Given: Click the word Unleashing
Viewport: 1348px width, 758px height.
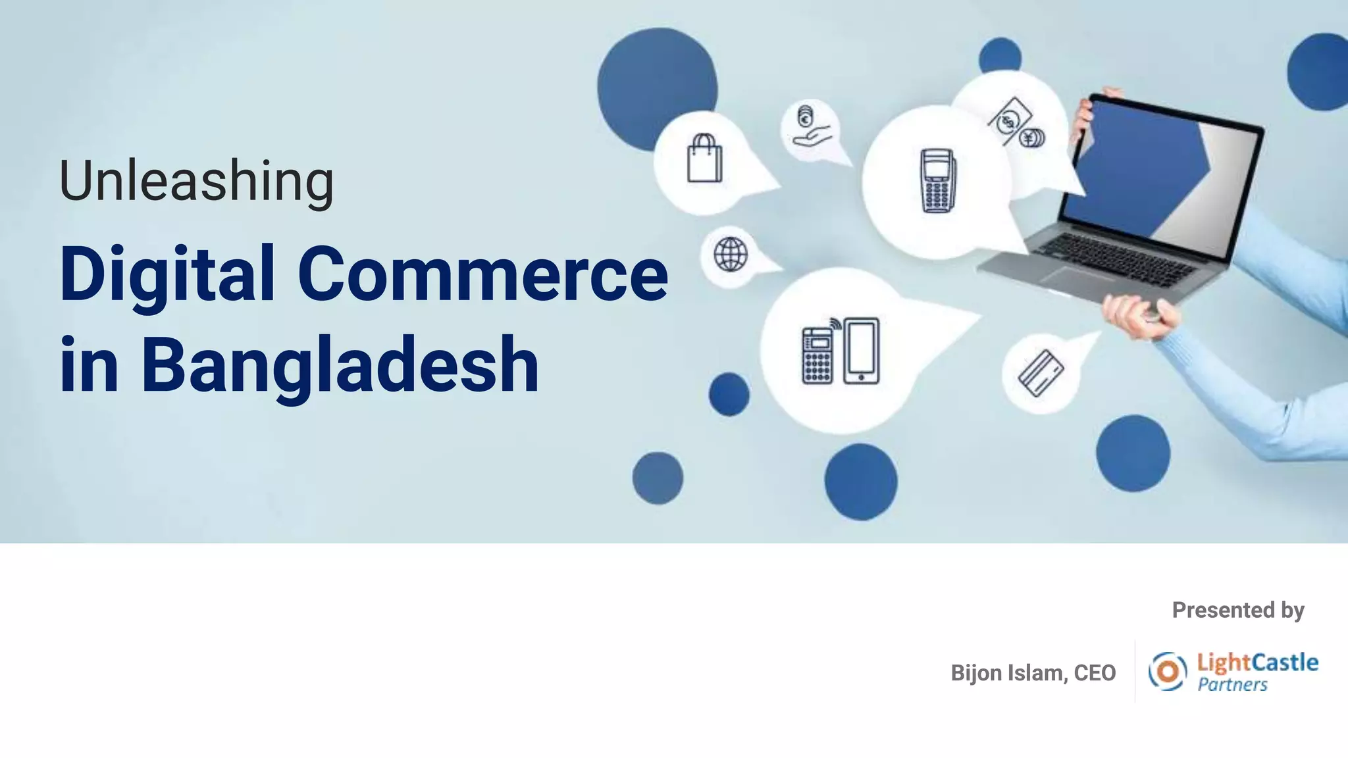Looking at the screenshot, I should [196, 181].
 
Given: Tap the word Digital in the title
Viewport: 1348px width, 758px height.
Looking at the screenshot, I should [167, 274].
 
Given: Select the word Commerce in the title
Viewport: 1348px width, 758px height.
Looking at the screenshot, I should [482, 274].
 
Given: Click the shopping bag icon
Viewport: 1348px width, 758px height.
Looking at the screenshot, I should [704, 159].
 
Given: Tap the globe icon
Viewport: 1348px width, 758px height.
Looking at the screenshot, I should [731, 254].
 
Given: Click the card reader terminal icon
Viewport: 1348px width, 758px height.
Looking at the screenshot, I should [937, 181].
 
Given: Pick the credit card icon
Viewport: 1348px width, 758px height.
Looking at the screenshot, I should [1041, 373].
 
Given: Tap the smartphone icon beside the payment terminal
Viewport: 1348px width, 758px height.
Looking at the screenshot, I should [861, 351].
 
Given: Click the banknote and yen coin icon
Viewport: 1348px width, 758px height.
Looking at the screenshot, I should [1017, 124].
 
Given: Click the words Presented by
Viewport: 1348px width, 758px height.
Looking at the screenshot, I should [1237, 610].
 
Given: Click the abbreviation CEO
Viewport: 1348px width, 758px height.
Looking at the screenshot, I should [1095, 673].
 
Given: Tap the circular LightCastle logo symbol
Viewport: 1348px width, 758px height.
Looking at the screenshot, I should [1168, 671].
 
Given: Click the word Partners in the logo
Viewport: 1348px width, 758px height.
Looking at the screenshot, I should [1232, 685].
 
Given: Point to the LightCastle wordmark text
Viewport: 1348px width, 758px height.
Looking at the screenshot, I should [1257, 663].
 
